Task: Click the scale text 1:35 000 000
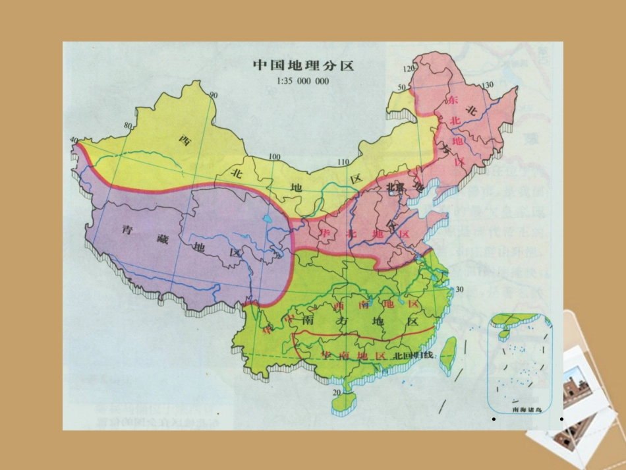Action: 304,81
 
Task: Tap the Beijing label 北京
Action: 395,187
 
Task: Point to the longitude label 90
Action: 213,95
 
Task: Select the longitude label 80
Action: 127,125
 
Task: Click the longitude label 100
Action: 275,157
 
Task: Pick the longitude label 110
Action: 343,163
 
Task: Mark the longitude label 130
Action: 488,86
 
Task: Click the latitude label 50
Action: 401,88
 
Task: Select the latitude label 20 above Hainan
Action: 336,393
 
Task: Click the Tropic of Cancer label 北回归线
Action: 414,356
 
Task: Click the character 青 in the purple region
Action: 128,230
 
